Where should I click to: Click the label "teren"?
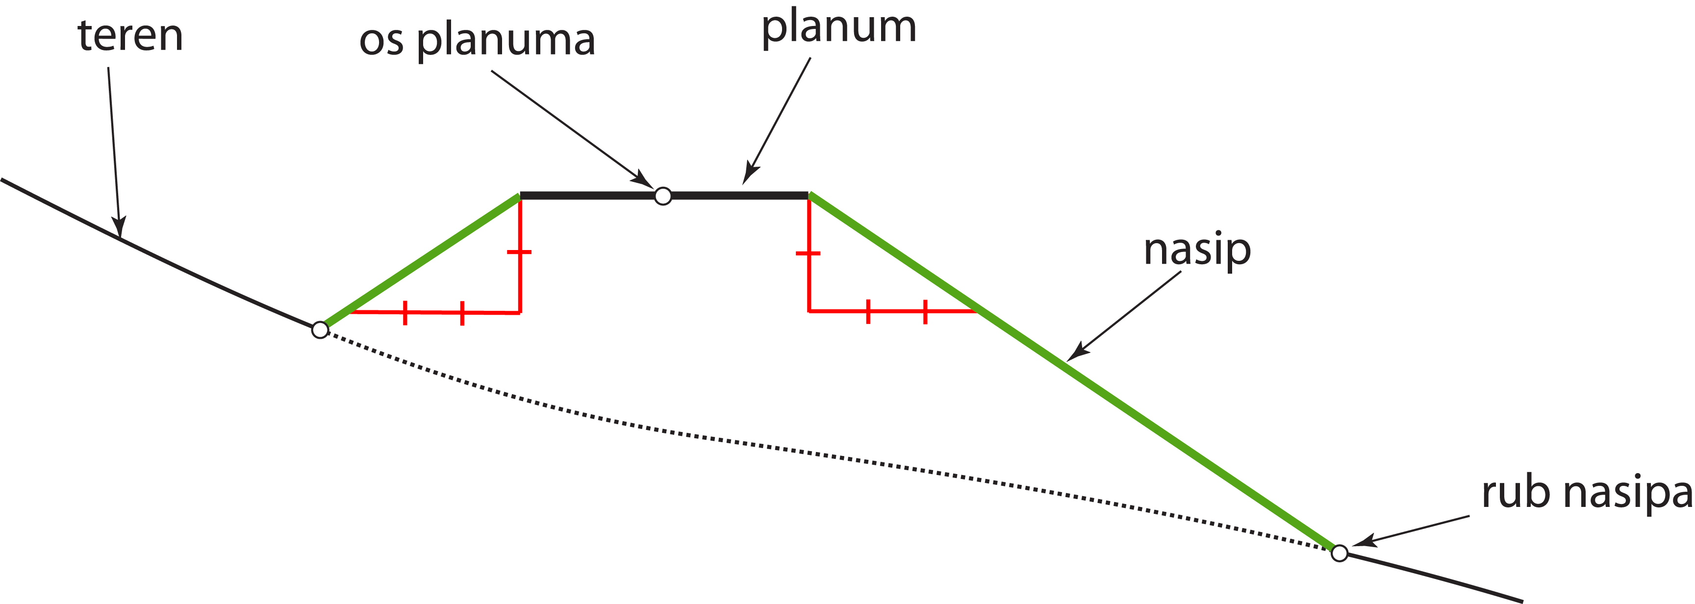coord(130,36)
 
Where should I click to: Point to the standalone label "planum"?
coord(838,29)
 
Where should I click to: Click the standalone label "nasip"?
coord(1197,251)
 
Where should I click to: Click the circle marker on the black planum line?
coord(662,196)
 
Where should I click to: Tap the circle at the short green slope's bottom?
coord(320,329)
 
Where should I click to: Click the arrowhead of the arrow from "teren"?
coord(119,230)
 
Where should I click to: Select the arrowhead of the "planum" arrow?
coord(748,177)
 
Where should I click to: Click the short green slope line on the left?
coord(421,260)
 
